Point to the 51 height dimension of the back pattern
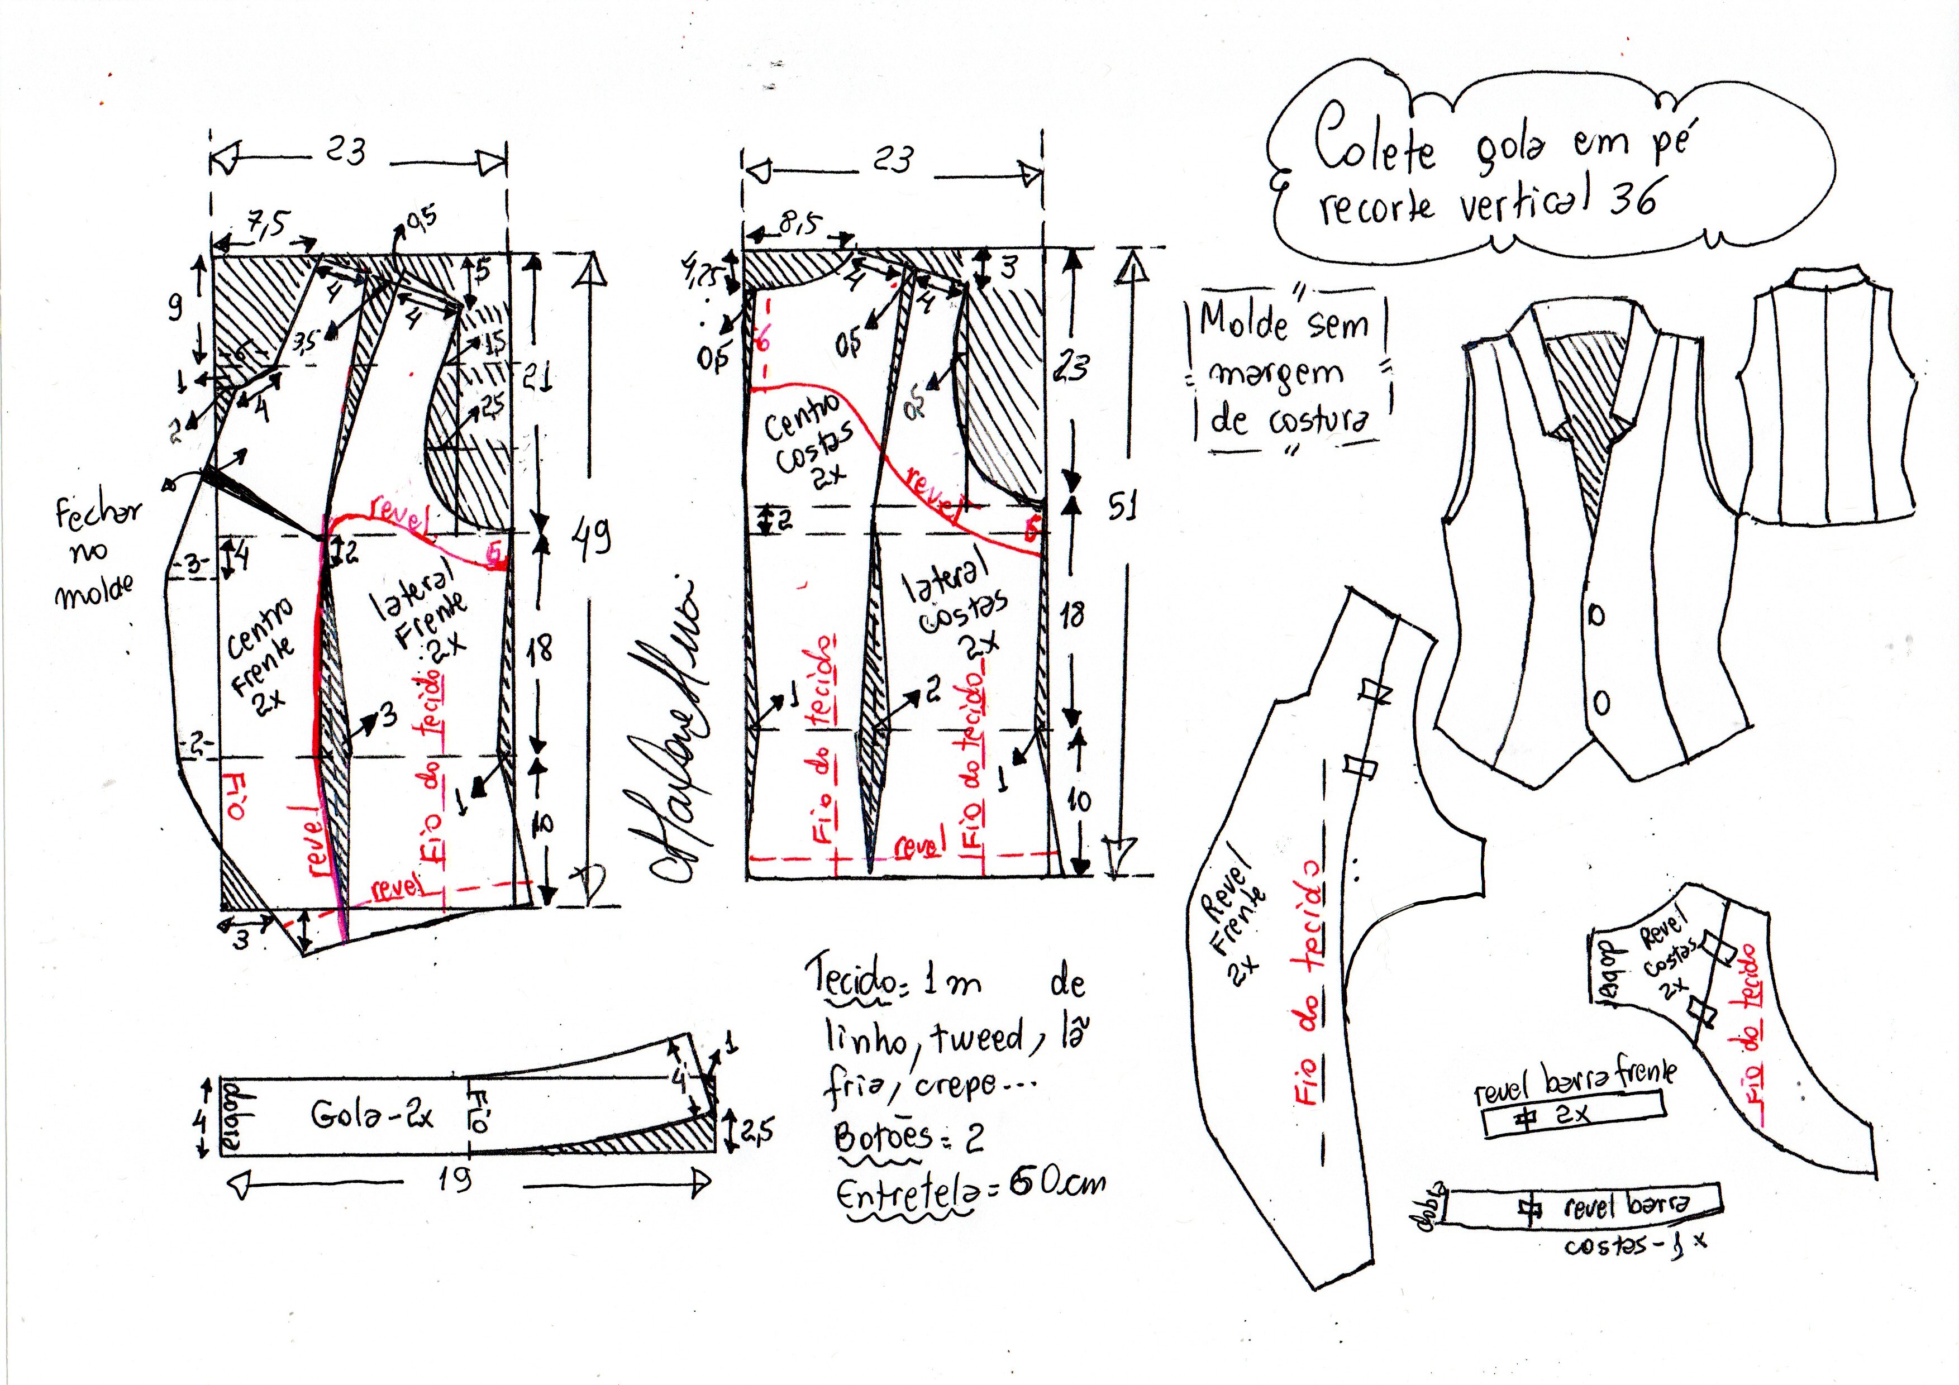pyautogui.click(x=1123, y=508)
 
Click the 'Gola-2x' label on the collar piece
pyautogui.click(x=372, y=1115)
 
